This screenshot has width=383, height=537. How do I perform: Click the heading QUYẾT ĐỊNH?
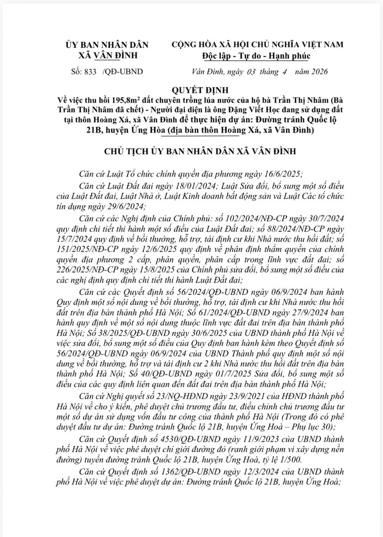coord(192,88)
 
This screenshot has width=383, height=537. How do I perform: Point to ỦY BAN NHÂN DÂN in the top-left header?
coord(107,46)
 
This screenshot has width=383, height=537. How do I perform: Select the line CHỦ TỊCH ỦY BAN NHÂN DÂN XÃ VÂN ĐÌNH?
coord(191,150)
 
